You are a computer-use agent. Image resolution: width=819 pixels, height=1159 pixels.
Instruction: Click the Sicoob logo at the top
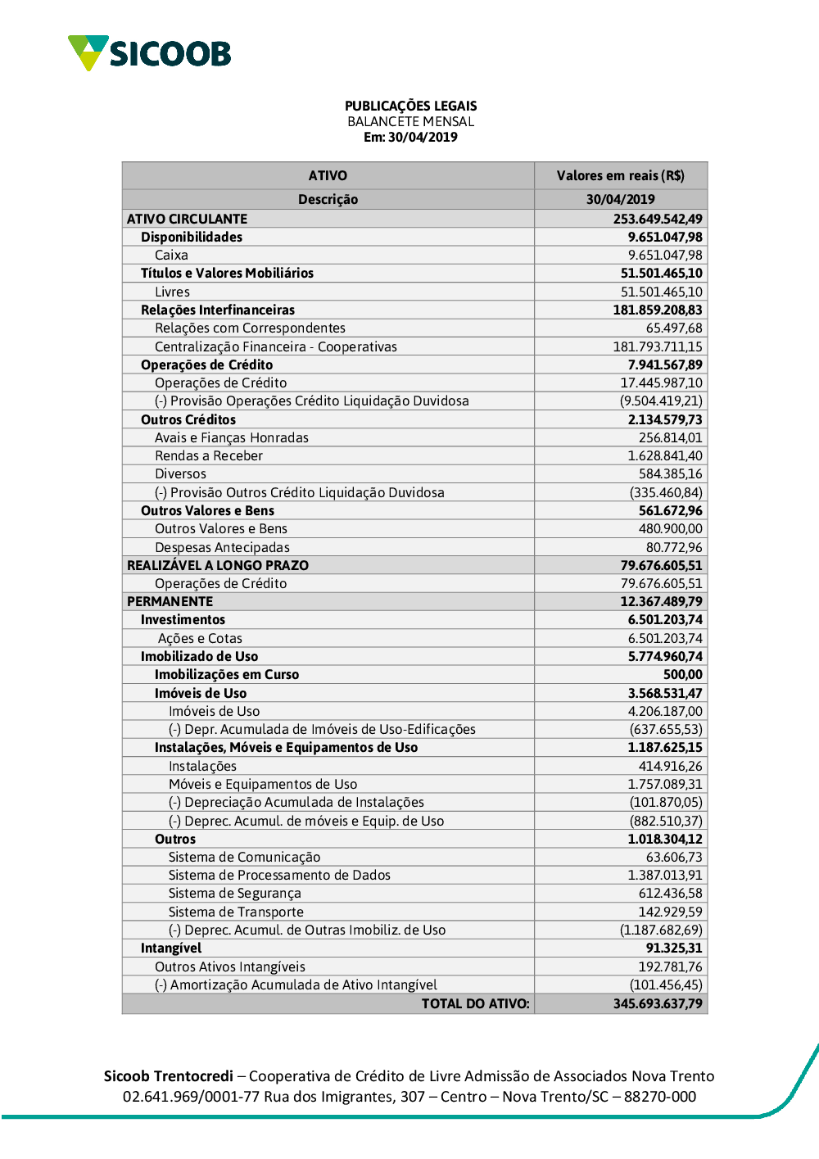[150, 53]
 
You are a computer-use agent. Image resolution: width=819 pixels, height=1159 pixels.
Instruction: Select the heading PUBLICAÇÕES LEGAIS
[410, 106]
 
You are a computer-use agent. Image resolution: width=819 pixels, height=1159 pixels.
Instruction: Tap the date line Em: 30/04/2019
[410, 137]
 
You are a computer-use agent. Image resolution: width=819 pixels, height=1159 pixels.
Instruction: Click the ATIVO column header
[328, 175]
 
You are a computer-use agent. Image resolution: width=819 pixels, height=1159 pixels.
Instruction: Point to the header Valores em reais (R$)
[620, 175]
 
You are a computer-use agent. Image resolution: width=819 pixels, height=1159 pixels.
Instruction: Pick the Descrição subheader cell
[328, 199]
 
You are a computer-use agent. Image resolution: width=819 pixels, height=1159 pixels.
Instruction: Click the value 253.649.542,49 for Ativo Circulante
[657, 219]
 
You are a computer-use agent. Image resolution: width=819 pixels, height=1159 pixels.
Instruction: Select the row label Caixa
[171, 255]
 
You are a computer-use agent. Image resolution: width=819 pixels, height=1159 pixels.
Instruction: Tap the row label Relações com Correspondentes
[250, 328]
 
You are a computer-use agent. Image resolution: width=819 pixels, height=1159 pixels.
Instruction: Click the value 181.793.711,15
[657, 346]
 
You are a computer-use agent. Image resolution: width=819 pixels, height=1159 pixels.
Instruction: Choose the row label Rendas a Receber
[209, 455]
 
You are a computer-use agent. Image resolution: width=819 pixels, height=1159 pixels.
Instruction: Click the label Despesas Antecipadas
[222, 547]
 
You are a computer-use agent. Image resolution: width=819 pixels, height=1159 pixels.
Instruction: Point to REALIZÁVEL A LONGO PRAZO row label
[218, 565]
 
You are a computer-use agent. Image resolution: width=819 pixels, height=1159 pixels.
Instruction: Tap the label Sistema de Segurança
[234, 893]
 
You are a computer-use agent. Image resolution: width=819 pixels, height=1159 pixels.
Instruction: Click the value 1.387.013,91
[664, 875]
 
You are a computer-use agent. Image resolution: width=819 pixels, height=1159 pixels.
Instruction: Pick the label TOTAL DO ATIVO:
[475, 1003]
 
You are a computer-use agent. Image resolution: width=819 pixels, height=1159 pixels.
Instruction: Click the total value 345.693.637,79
[657, 1003]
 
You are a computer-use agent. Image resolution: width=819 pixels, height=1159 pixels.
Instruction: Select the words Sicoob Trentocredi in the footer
[168, 1075]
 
